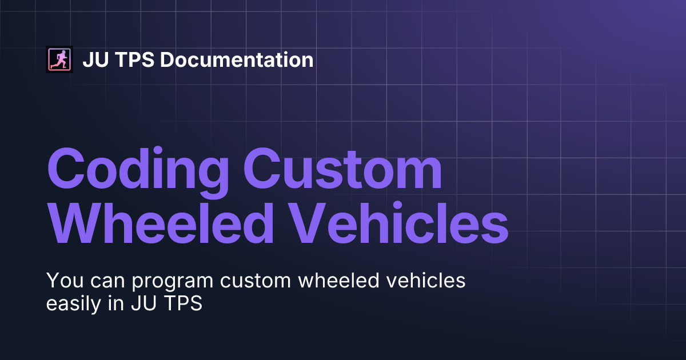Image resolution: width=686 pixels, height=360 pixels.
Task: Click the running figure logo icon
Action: coord(59,59)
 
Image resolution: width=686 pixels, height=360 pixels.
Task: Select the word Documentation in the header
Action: coord(237,59)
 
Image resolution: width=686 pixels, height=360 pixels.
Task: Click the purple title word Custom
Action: coord(342,169)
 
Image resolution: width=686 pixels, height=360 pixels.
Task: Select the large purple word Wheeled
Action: coord(161,222)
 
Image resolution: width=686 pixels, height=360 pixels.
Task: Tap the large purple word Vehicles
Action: coord(399,222)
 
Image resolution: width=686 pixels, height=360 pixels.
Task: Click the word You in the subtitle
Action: coord(65,280)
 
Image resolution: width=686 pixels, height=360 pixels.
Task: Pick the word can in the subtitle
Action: coord(108,282)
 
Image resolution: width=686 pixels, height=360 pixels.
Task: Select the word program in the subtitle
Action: coord(173,282)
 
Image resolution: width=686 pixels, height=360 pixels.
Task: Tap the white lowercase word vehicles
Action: coord(426,280)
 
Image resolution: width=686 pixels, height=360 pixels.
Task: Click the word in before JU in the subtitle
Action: coord(115,303)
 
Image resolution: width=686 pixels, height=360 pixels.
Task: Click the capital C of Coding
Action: coord(66,169)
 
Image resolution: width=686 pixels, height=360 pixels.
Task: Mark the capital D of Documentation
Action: coord(167,59)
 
